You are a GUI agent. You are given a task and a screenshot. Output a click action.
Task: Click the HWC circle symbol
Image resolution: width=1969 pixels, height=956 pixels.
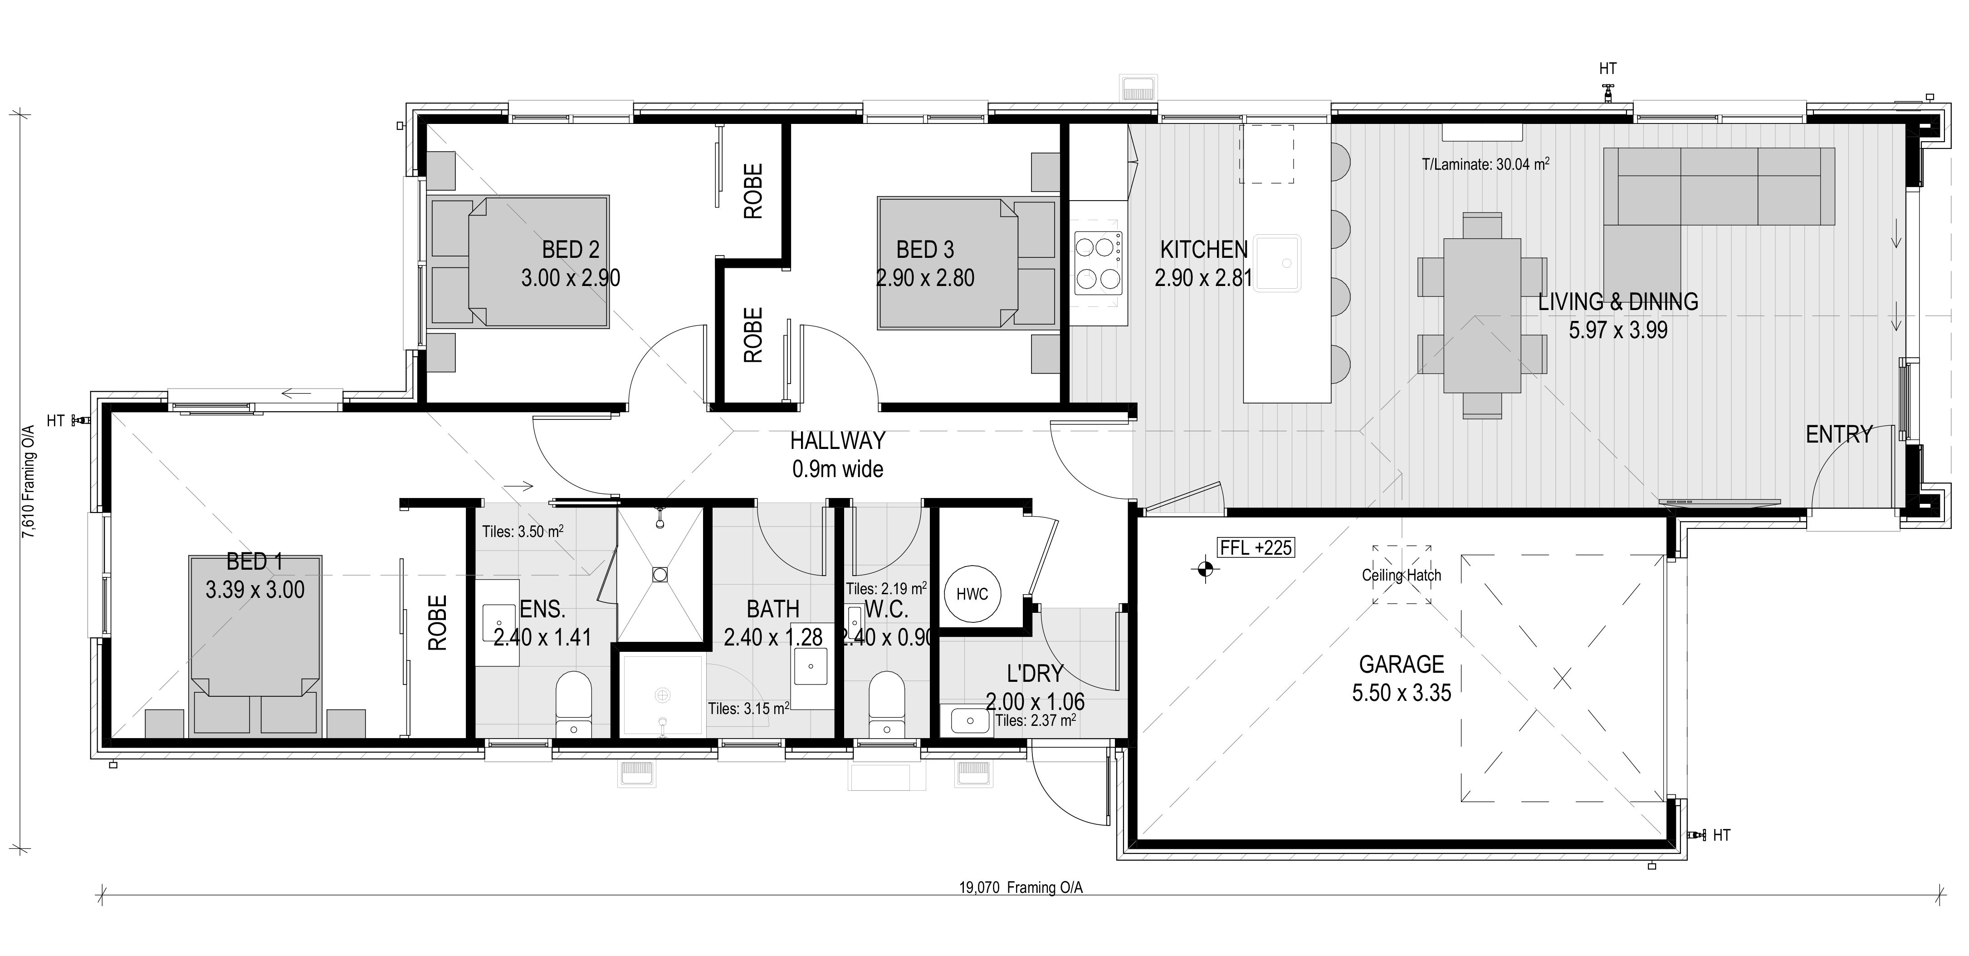[x=972, y=594]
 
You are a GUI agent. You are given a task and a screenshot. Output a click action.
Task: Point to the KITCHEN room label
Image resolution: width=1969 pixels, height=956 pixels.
[x=1204, y=249]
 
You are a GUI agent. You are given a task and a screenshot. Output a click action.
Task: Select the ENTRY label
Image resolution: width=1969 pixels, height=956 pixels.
[x=1839, y=434]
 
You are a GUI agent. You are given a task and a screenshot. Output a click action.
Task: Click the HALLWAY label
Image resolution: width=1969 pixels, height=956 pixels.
[x=838, y=440]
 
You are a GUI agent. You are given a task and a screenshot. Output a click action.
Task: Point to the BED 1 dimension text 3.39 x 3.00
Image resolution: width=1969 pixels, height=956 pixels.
[x=254, y=590]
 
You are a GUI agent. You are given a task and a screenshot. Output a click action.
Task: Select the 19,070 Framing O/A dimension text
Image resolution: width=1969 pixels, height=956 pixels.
[x=1021, y=888]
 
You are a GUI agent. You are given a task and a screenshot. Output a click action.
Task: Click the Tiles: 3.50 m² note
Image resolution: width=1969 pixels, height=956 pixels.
[x=523, y=531]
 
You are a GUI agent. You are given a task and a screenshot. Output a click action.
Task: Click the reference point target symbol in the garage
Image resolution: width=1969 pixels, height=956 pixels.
[x=1205, y=568]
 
